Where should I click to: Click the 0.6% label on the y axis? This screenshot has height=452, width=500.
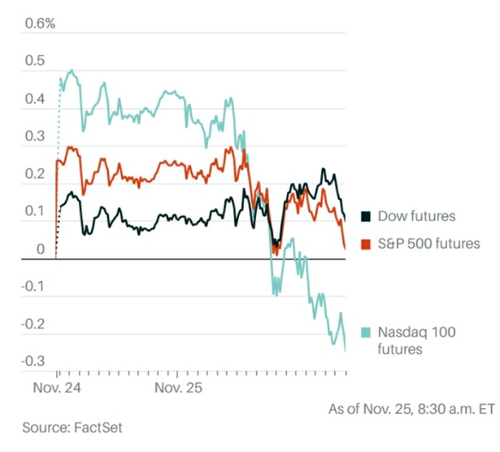click(x=40, y=23)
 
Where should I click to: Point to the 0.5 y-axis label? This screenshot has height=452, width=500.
click(x=34, y=60)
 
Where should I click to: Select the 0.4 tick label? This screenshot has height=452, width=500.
click(x=34, y=98)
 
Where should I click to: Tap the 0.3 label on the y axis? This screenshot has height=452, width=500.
click(x=34, y=136)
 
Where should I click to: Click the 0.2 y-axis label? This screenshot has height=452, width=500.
click(x=34, y=174)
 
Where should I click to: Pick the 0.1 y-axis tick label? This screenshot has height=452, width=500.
click(x=34, y=211)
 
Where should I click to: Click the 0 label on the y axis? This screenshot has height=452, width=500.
click(x=40, y=249)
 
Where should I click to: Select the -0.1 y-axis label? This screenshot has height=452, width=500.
click(x=33, y=286)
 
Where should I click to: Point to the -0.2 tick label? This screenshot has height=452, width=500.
click(x=33, y=324)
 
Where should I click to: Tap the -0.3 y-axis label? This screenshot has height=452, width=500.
click(x=33, y=362)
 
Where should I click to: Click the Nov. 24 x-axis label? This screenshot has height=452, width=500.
click(x=57, y=388)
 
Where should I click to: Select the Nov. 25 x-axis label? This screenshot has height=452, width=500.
click(x=178, y=388)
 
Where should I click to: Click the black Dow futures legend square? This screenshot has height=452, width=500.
click(x=366, y=216)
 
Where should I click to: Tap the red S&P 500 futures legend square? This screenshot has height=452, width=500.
click(x=366, y=244)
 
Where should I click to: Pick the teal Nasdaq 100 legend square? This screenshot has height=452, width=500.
click(x=366, y=332)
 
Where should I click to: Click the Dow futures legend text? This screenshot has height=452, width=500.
click(x=417, y=216)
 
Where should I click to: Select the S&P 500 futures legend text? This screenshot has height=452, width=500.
click(x=429, y=244)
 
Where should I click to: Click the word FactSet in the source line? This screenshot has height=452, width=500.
click(x=98, y=428)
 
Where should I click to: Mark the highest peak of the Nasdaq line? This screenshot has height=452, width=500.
click(x=72, y=70)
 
